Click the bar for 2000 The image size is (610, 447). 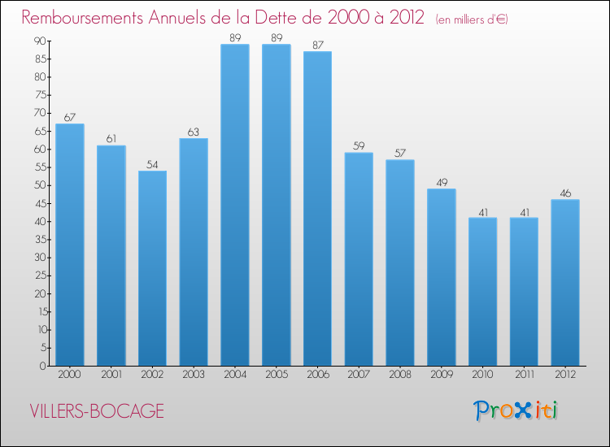point(70,245)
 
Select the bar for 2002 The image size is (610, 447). point(152,268)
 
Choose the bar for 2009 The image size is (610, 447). point(442,277)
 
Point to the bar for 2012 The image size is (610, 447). point(565,283)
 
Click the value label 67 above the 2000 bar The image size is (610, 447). point(70,117)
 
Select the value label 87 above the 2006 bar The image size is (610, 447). point(317,45)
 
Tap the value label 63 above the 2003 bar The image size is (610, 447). point(194,132)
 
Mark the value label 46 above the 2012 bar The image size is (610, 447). point(565,193)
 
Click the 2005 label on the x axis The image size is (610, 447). point(277,374)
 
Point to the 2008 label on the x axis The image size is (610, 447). point(400,374)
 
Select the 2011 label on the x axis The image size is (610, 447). point(524,374)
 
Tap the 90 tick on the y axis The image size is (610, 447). point(39,41)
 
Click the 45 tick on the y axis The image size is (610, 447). point(39,203)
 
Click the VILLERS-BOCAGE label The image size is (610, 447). point(97,411)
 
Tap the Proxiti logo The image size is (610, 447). point(516,410)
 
